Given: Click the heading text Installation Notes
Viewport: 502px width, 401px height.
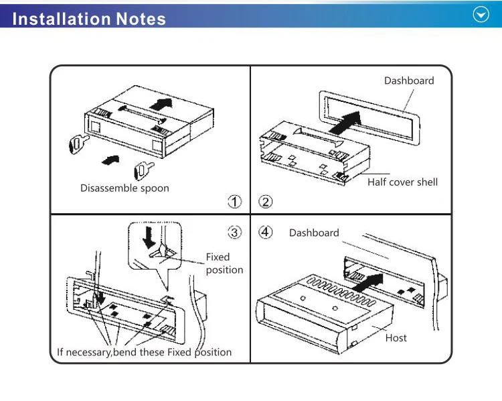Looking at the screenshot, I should tap(89, 18).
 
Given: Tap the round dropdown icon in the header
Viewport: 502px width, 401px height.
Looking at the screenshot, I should tap(481, 15).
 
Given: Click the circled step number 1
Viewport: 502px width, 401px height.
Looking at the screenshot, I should tap(234, 201).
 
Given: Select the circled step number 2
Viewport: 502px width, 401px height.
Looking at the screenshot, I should tap(266, 201).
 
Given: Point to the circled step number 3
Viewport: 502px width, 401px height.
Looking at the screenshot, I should tap(234, 233).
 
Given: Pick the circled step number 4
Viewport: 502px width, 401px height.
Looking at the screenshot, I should tap(266, 233).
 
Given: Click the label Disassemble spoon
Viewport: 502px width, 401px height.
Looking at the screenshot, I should tap(124, 188).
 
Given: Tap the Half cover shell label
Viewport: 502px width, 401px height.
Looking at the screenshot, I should tap(402, 182).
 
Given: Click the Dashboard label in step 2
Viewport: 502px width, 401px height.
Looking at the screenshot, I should tap(408, 80).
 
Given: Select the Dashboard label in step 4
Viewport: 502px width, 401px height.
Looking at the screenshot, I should tap(314, 233).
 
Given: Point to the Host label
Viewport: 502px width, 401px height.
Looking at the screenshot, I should tap(396, 338).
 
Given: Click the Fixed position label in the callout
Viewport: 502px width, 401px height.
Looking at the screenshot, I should tap(222, 264).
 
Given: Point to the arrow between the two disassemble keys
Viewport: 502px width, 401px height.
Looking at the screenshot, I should tap(111, 159).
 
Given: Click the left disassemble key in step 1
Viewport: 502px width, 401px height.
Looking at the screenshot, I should tap(78, 143).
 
